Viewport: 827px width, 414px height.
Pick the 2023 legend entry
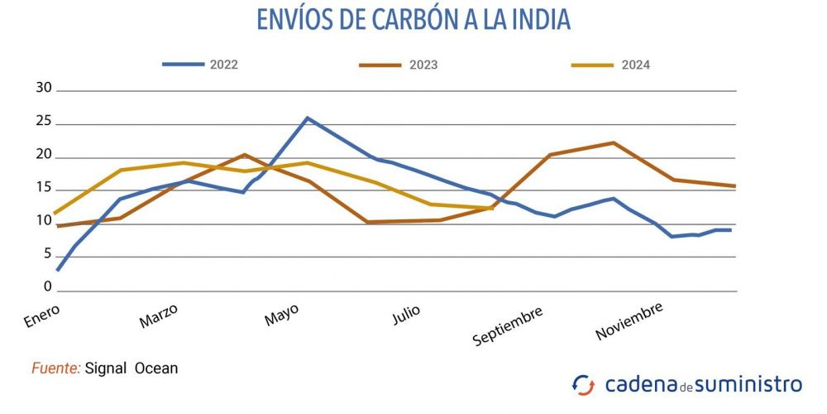coord(423,65)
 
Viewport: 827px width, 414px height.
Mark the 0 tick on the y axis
coord(48,288)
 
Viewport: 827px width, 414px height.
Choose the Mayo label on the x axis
coord(281,315)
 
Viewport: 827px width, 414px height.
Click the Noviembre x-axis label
coord(629,321)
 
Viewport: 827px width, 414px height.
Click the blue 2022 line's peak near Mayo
coord(308,118)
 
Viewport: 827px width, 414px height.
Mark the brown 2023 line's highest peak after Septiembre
coord(613,142)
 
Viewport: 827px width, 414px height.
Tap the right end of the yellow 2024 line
coord(493,208)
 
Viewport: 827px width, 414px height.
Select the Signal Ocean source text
coord(131,368)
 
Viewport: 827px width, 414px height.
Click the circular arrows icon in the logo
coord(583,385)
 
